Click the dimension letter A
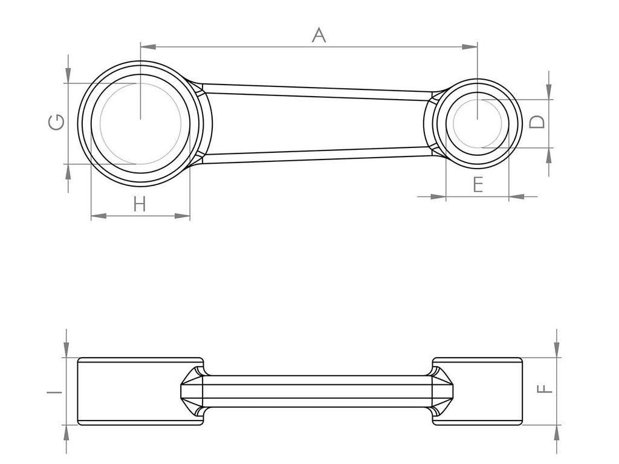click(x=319, y=35)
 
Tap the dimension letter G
click(x=56, y=123)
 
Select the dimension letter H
click(x=140, y=204)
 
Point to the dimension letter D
click(x=537, y=122)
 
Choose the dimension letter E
click(x=478, y=184)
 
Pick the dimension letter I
click(x=55, y=391)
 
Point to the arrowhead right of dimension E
click(x=516, y=196)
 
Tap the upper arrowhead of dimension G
click(x=68, y=76)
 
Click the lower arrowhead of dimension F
click(x=556, y=431)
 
